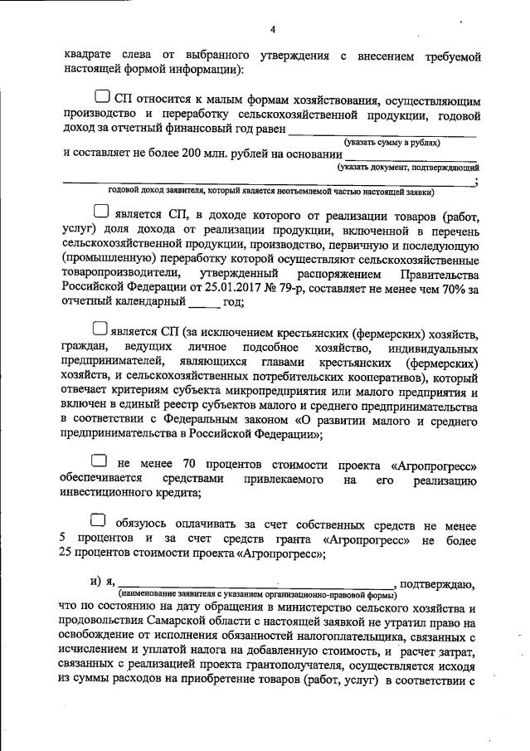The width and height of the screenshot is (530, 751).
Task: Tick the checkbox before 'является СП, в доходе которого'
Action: pos(101,212)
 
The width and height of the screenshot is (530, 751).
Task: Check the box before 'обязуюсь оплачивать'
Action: pos(99,521)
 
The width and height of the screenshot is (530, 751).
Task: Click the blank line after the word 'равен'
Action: pos(382,131)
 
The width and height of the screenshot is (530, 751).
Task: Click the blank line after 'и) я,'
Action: pos(257,586)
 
